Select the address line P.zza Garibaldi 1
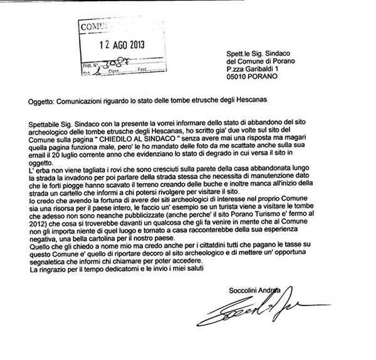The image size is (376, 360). click(256, 69)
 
